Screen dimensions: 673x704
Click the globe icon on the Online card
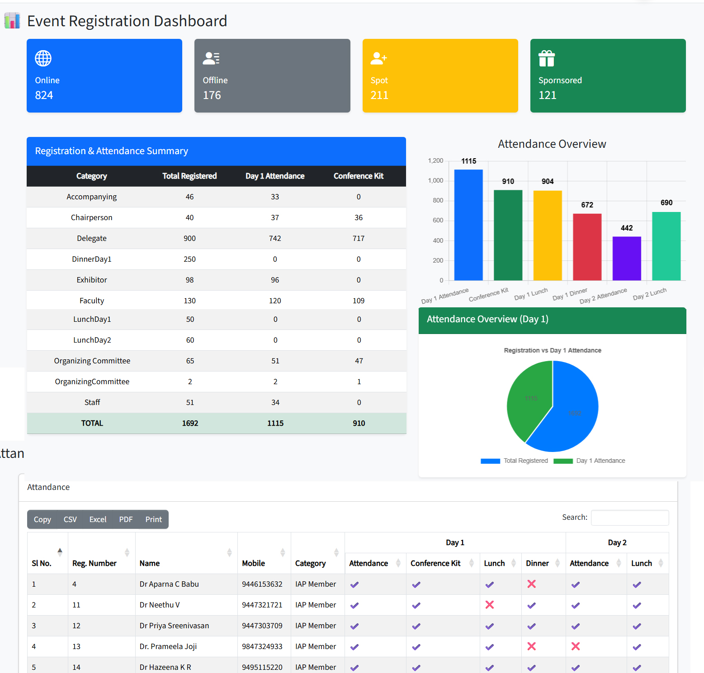43,58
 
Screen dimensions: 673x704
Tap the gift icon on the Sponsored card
547,58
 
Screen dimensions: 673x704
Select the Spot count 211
379,95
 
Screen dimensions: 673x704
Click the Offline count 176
212,95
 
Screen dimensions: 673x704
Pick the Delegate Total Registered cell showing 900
189,238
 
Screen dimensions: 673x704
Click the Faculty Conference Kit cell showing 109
359,301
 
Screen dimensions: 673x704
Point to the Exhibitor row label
92,280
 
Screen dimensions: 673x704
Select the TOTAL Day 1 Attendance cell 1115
275,423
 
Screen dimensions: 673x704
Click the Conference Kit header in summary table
358,176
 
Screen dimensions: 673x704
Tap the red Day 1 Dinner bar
587,247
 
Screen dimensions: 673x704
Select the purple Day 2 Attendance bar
626,258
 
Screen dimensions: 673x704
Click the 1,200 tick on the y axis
435,161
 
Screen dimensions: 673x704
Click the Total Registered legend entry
515,461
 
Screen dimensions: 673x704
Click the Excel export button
98,519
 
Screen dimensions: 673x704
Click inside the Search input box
629,518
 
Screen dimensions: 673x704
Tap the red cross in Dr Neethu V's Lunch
489,605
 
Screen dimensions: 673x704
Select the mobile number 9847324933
262,646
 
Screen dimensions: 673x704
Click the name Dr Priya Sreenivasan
174,626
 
